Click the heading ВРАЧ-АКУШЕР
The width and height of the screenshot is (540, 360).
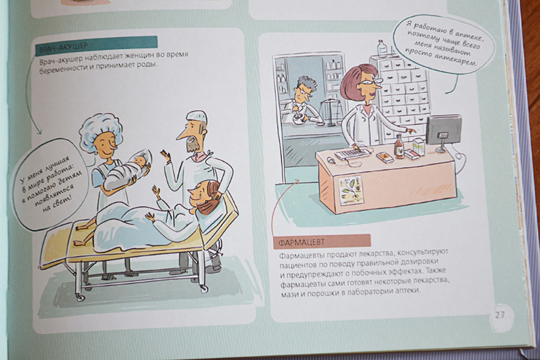click(x=64, y=46)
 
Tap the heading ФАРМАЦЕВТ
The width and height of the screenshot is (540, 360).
click(x=301, y=241)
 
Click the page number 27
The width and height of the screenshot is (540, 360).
click(x=500, y=314)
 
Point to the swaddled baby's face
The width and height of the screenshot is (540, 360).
click(x=140, y=161)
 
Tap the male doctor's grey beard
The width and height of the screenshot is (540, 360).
click(x=191, y=145)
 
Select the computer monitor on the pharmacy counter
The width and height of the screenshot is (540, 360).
click(x=443, y=131)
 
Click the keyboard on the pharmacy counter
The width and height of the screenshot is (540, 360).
click(x=352, y=153)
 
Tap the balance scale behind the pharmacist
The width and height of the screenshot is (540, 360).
click(x=331, y=110)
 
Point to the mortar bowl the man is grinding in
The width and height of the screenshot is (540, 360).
click(x=299, y=119)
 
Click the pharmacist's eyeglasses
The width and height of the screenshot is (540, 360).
click(x=372, y=82)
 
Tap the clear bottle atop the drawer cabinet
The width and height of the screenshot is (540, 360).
click(x=382, y=48)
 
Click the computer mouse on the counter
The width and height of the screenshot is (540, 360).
click(x=330, y=160)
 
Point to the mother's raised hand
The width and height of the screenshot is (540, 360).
click(x=156, y=190)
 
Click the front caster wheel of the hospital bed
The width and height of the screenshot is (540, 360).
click(x=80, y=297)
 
